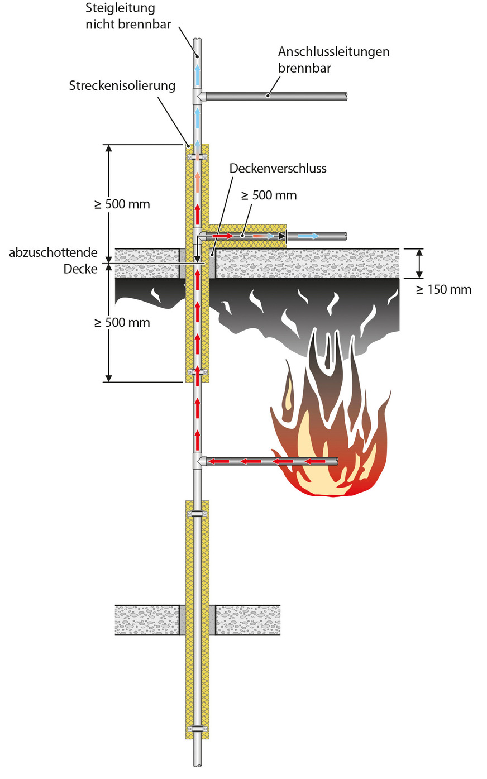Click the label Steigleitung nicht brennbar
pyautogui.click(x=128, y=16)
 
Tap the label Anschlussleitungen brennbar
pyautogui.click(x=333, y=60)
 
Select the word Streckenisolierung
pyautogui.click(x=122, y=85)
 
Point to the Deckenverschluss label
pyautogui.click(x=278, y=168)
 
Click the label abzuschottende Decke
pyautogui.click(x=53, y=260)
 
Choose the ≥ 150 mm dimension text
pyautogui.click(x=443, y=289)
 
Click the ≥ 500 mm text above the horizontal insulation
pyautogui.click(x=269, y=195)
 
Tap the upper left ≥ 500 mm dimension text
pyautogui.click(x=122, y=204)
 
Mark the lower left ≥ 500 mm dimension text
pyautogui.click(x=122, y=322)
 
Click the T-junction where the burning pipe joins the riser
pyautogui.click(x=198, y=461)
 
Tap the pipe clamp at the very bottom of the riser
pyautogui.click(x=197, y=728)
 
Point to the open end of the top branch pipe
pyautogui.click(x=346, y=96)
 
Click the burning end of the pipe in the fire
pyautogui.click(x=335, y=461)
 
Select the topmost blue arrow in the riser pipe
pyautogui.click(x=197, y=74)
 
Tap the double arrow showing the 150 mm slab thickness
pyautogui.click(x=420, y=263)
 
